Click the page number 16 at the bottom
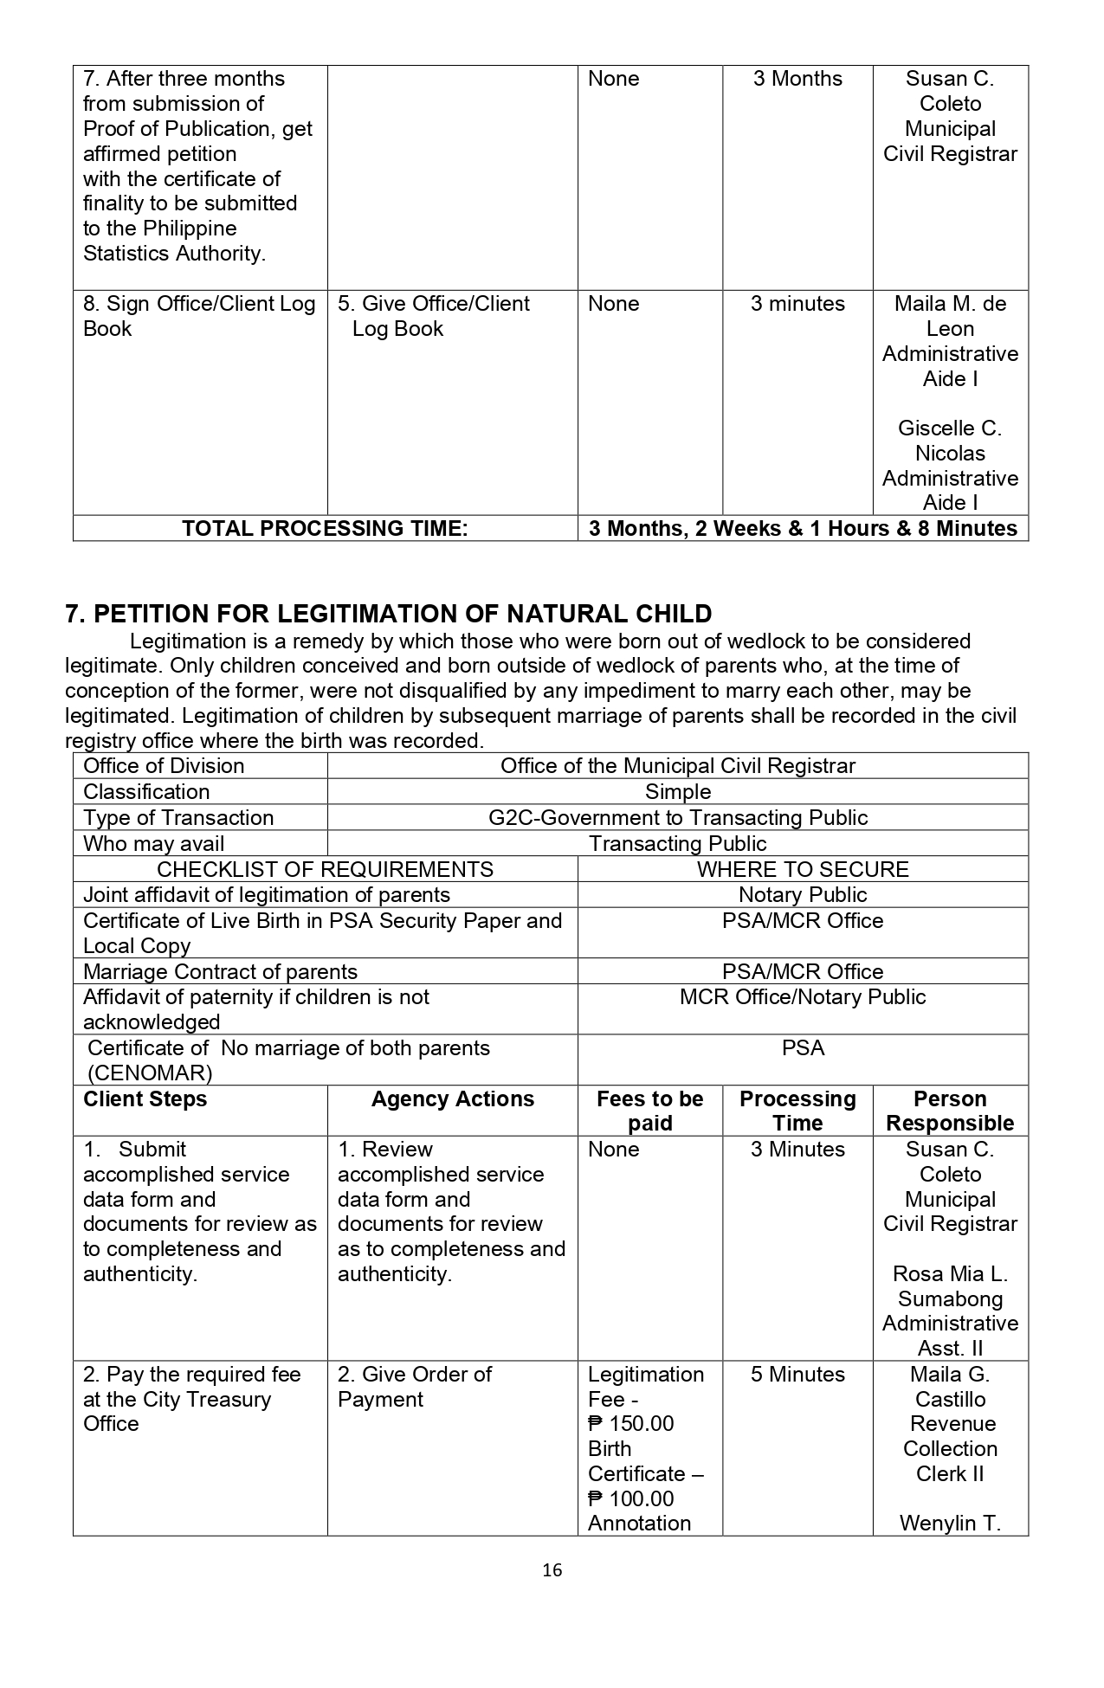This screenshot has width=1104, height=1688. (552, 1569)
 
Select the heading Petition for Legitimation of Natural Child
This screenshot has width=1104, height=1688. (389, 614)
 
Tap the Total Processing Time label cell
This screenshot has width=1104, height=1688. (325, 528)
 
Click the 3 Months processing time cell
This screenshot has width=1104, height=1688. (797, 79)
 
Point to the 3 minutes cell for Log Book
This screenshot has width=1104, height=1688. (797, 304)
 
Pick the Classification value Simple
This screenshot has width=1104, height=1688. (677, 792)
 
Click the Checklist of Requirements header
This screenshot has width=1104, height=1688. (325, 869)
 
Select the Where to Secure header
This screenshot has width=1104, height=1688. (803, 869)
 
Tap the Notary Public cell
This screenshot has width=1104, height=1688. (803, 895)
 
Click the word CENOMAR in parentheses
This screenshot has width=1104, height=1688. (150, 1073)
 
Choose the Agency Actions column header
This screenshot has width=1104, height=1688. (452, 1099)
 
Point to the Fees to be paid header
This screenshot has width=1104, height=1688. (649, 1111)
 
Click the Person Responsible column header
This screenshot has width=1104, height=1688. (950, 1111)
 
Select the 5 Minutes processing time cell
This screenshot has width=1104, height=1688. (797, 1375)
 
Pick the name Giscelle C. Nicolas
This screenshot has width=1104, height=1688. (950, 441)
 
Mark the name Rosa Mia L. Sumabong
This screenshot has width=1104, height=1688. (950, 1286)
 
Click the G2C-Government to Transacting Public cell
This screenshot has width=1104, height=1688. (677, 818)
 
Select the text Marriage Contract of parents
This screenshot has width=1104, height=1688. (220, 972)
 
